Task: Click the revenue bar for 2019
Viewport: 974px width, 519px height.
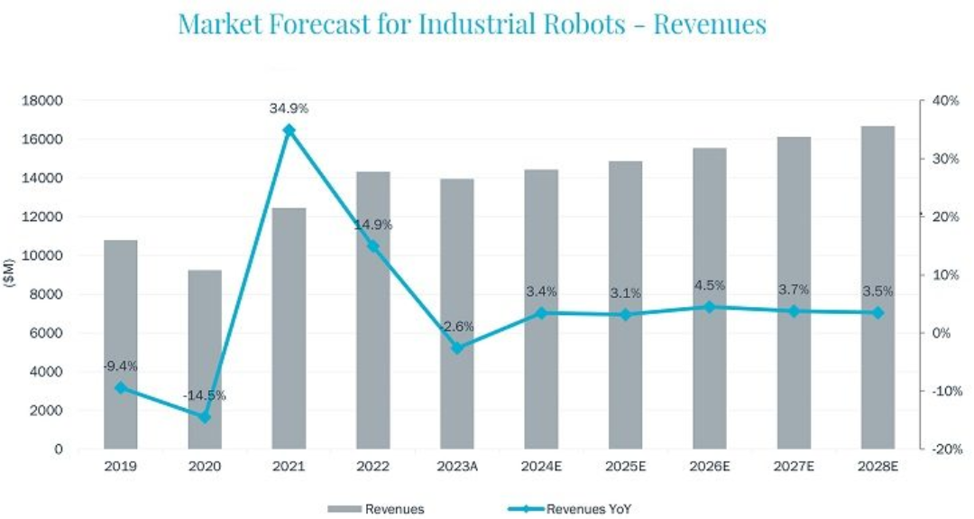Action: (121, 344)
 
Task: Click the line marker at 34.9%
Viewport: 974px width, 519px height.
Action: (289, 130)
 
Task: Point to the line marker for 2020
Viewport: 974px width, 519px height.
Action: (205, 417)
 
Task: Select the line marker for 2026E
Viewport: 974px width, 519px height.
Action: (709, 307)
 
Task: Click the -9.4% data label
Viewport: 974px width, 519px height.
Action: (120, 366)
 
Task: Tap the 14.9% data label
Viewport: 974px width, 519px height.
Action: (372, 224)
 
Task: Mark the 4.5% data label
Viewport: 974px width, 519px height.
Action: (709, 287)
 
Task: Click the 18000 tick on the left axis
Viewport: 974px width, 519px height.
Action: (44, 101)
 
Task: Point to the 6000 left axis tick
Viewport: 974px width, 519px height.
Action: (48, 333)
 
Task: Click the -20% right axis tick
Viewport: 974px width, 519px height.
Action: (943, 449)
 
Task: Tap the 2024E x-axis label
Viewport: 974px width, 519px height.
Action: (541, 467)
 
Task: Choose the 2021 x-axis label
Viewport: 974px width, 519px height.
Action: (289, 467)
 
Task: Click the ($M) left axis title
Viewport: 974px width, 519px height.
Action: (12, 270)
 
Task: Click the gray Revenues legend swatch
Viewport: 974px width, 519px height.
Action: (344, 509)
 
